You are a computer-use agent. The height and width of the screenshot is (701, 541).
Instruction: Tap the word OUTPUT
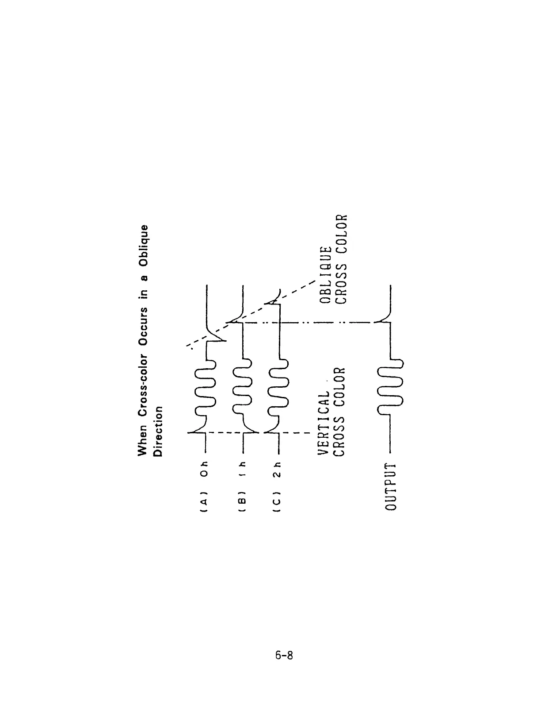tap(391, 486)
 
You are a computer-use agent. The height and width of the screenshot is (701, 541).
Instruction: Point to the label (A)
tap(204, 504)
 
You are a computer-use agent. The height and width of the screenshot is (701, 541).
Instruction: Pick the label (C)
tap(277, 504)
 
